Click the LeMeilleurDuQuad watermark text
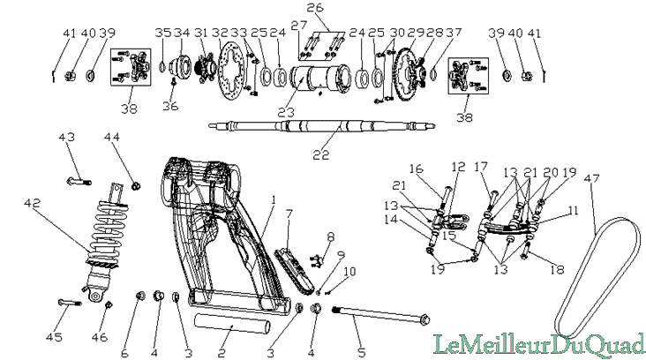539,344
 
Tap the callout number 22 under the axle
321,155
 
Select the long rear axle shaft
322,125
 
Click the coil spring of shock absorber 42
106,234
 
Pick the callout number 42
33,204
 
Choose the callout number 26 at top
315,8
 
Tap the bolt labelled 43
79,181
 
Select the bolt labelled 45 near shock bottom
70,304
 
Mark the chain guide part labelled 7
294,270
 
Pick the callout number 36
170,106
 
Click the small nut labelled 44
136,186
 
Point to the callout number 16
416,169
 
